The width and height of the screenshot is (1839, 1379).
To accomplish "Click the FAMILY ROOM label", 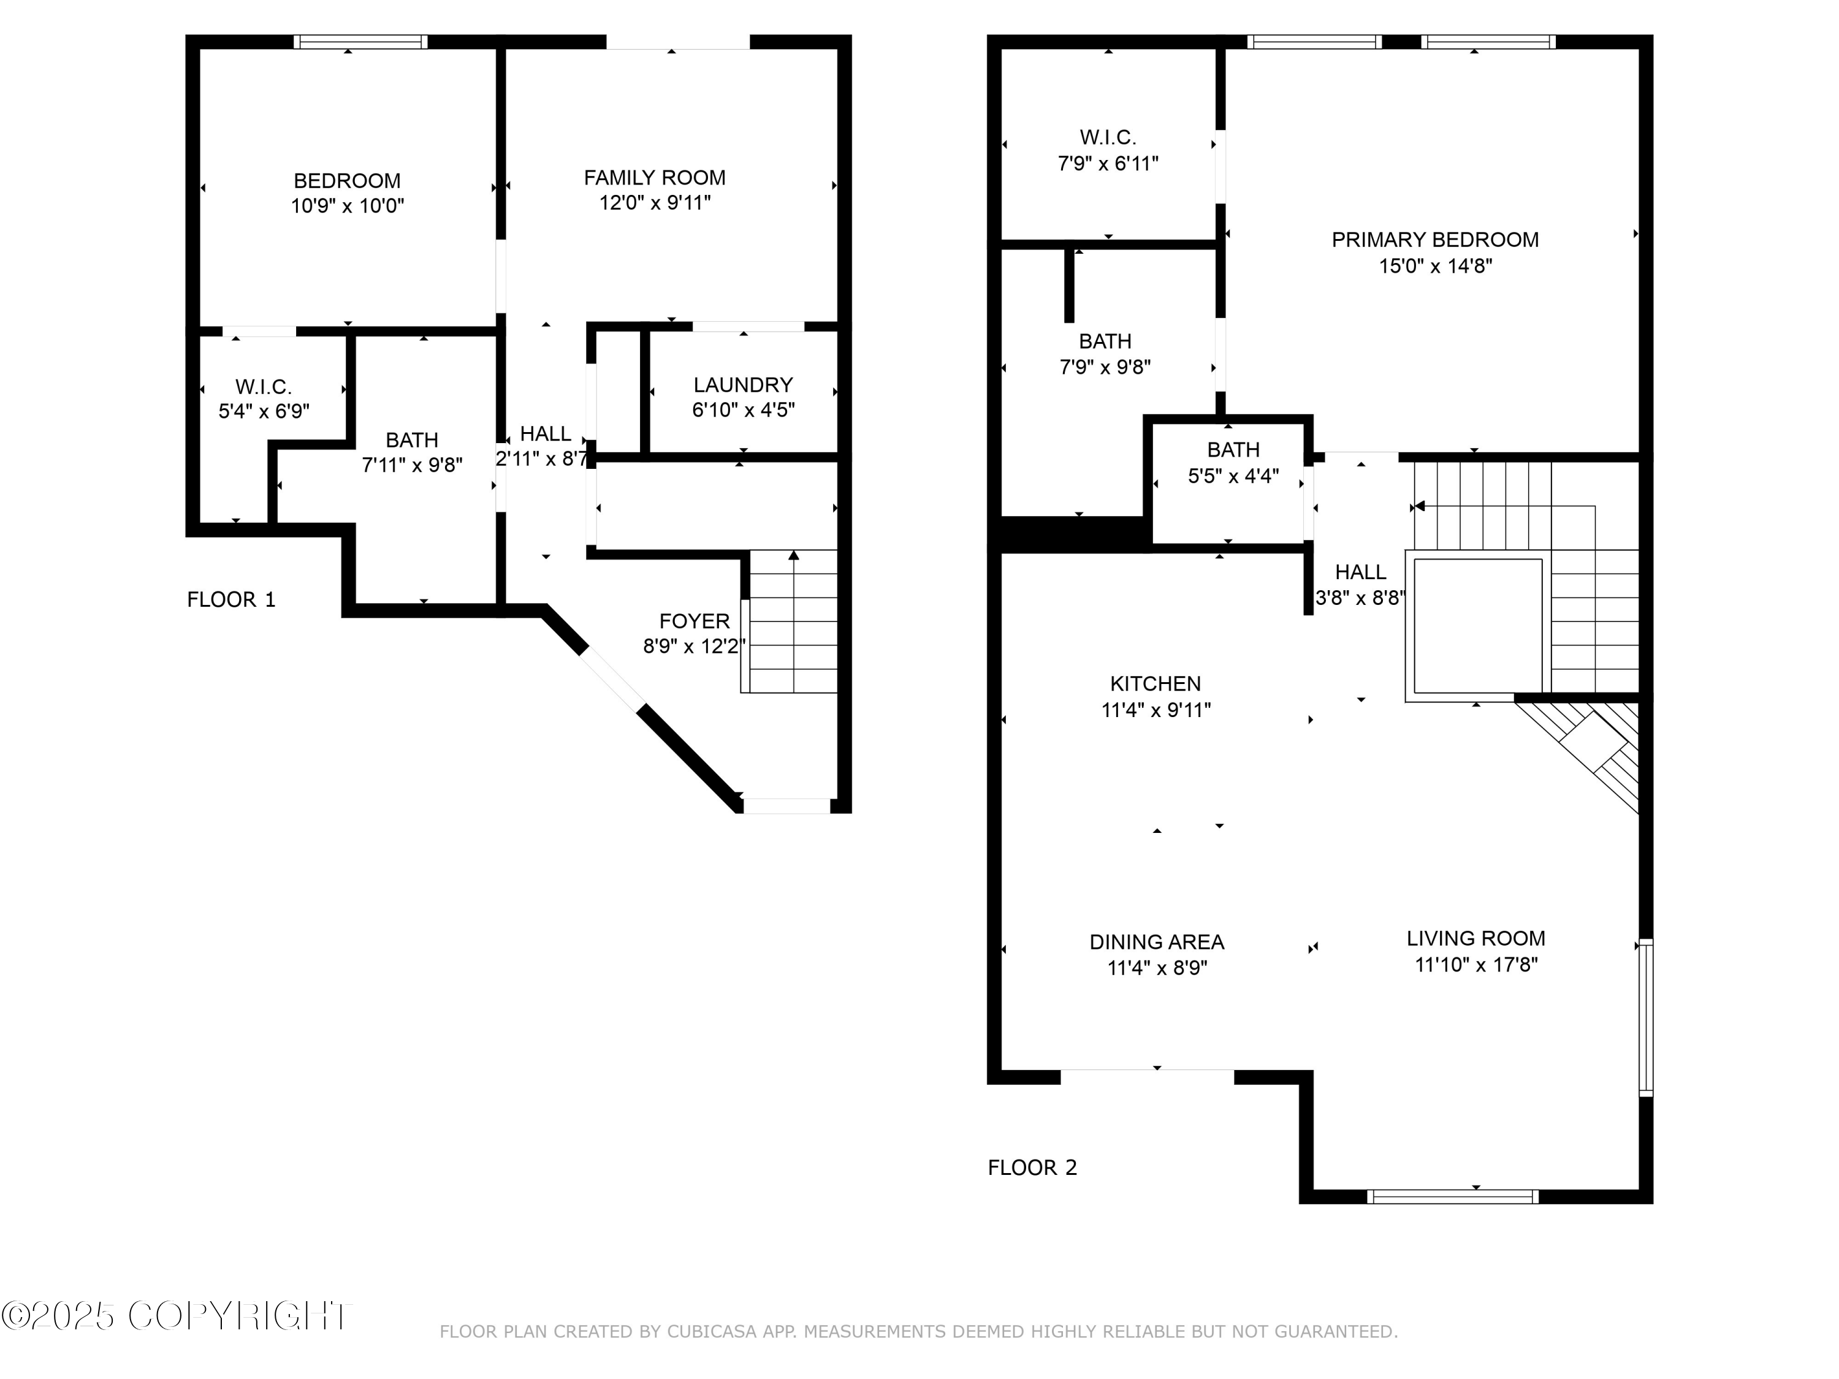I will click(654, 177).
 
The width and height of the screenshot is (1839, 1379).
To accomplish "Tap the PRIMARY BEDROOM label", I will click(1435, 240).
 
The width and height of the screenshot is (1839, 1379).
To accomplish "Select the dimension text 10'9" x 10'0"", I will click(347, 205).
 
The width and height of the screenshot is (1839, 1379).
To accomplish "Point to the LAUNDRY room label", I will click(742, 385).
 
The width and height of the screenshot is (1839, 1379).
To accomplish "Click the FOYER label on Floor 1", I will click(694, 621).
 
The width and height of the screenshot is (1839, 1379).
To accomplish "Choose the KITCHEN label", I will click(1156, 683).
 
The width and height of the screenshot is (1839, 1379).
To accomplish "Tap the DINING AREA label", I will click(1157, 942).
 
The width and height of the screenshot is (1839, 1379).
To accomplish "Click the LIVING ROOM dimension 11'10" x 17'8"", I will click(1475, 964).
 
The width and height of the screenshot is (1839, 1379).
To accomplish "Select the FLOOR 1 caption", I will click(231, 599).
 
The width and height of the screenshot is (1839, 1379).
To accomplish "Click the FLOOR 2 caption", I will click(1032, 1168).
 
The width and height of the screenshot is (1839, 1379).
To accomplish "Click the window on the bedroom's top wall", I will click(361, 42).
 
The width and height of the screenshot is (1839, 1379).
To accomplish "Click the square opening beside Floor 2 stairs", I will click(1477, 625).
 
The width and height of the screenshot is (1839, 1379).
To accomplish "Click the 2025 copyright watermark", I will click(177, 1316).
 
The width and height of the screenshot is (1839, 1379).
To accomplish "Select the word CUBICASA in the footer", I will click(711, 1332).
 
